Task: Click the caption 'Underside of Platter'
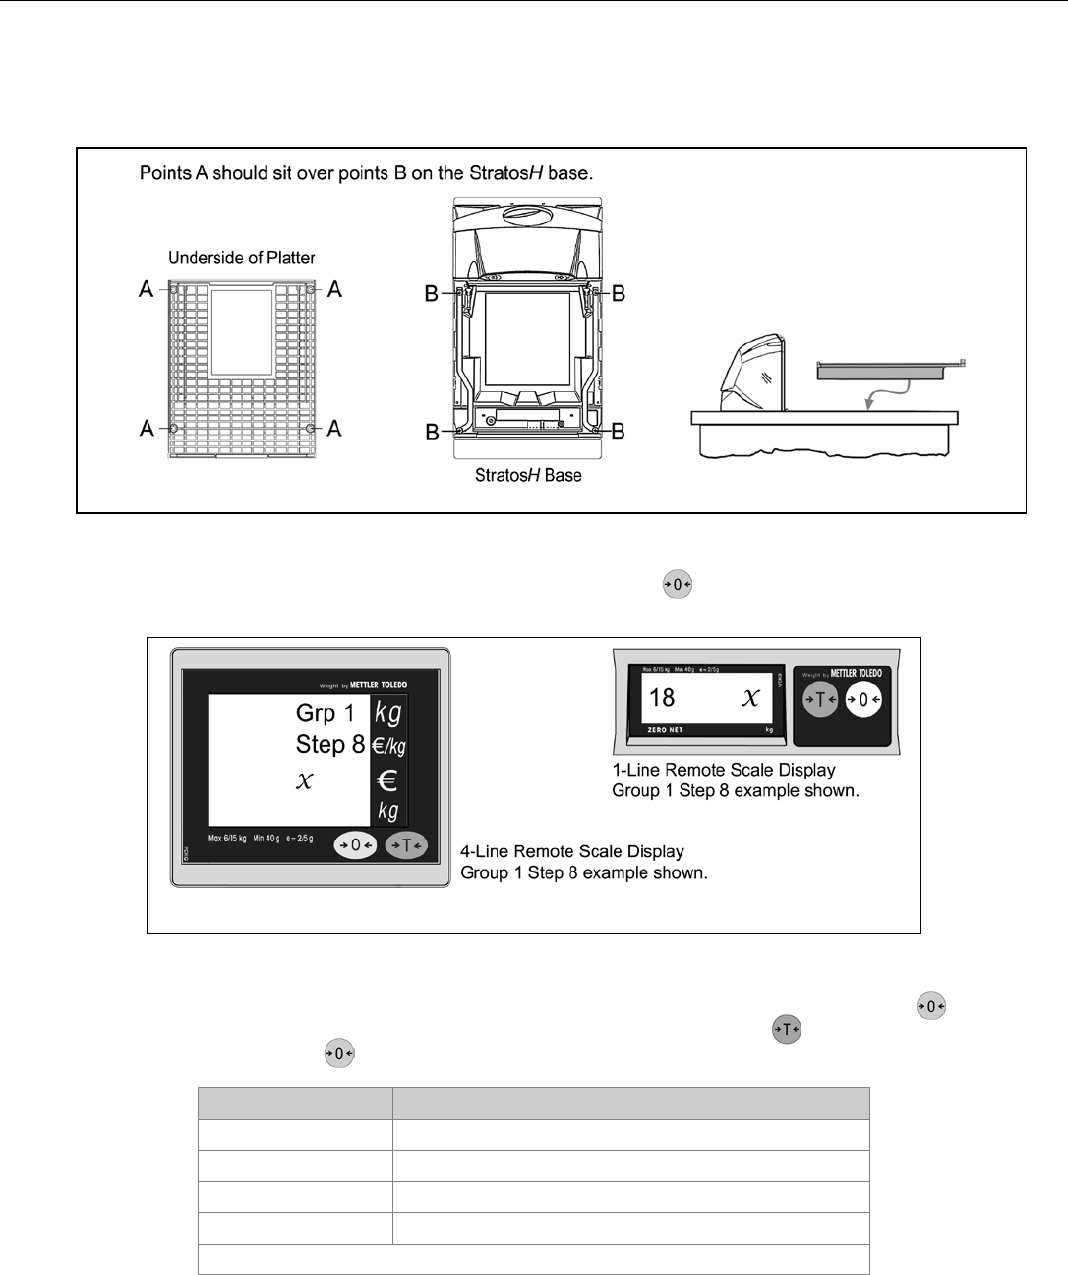pos(242,259)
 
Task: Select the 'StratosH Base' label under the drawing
pos(528,476)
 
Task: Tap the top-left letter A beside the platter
pos(147,289)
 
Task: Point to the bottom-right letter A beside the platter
pos(334,429)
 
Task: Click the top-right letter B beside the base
pos(619,293)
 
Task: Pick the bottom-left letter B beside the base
pos(432,433)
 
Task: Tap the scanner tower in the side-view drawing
pos(752,374)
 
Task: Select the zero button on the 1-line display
pos(863,700)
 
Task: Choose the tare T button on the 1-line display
pos(820,700)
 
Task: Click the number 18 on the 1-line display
pos(662,698)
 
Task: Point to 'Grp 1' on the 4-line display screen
pos(326,713)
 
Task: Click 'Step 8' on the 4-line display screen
pos(330,745)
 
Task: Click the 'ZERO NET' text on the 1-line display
pos(665,730)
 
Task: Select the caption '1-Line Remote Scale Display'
pos(724,770)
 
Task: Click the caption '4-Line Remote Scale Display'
pos(572,851)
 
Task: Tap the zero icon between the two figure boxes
pos(678,585)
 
